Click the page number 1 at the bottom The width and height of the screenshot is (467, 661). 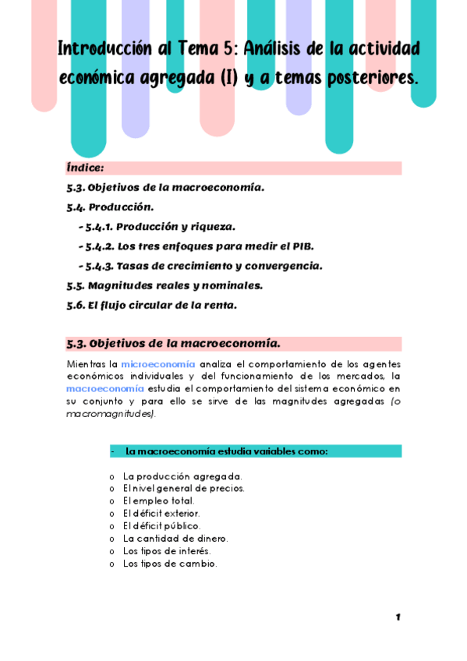398,617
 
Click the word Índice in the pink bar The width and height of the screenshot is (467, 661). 85,168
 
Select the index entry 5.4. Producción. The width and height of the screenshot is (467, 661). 110,207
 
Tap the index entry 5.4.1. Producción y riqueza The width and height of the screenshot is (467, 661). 160,227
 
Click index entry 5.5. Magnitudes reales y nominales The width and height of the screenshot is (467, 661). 165,285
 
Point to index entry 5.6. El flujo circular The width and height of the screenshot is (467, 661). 151,305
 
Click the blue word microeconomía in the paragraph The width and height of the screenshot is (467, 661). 157,364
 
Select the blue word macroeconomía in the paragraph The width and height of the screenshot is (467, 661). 104,388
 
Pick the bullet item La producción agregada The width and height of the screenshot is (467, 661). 182,476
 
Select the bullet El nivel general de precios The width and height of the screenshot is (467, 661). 183,489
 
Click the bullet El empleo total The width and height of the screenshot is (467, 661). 158,501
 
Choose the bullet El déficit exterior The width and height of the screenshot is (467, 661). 161,514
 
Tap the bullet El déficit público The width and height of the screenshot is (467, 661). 161,526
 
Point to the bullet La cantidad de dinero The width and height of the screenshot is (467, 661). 175,539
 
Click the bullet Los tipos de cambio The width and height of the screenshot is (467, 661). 169,564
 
